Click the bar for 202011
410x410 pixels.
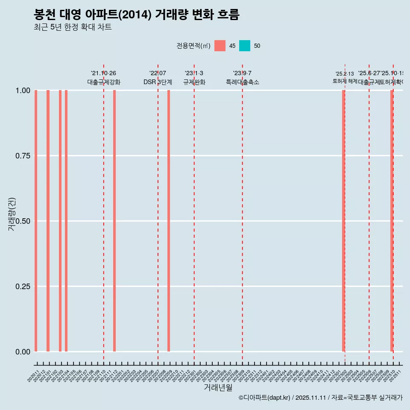(36, 221)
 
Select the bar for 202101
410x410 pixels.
(48, 221)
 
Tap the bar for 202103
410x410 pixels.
(60, 221)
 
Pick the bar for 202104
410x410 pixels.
(66, 221)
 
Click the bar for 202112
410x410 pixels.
(114, 221)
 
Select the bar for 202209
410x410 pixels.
(169, 221)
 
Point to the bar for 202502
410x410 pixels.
(343, 221)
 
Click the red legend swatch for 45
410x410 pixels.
(220, 46)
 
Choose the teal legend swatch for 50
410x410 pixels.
(245, 46)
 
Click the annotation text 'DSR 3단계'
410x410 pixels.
(158, 82)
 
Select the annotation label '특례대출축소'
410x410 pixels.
(243, 82)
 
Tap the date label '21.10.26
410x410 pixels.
(103, 73)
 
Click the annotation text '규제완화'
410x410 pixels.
(194, 82)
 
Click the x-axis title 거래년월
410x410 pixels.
(218, 388)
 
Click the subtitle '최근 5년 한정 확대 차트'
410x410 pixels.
(73, 27)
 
